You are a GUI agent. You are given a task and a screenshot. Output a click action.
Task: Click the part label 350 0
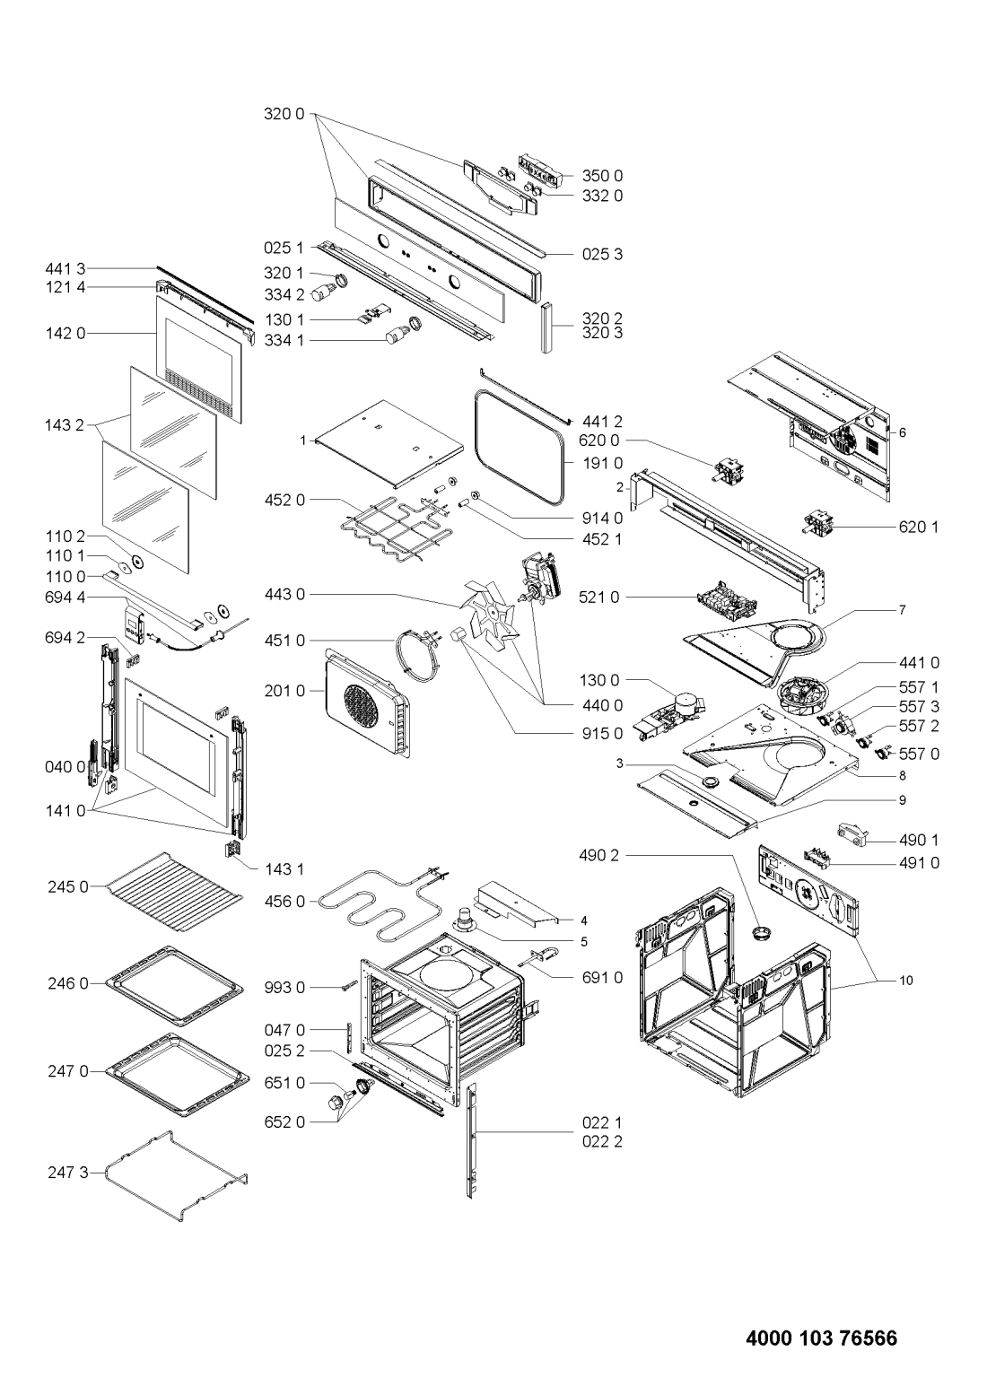click(602, 176)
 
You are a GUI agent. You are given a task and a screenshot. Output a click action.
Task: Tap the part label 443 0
click(284, 595)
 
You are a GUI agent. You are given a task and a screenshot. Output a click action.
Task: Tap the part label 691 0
click(602, 978)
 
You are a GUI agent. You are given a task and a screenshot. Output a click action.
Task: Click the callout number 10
click(906, 981)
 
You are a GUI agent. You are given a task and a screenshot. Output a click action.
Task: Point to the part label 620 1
click(919, 527)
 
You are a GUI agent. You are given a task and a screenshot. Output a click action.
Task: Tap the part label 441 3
click(65, 269)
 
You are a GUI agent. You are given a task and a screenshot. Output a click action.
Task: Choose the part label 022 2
click(602, 1141)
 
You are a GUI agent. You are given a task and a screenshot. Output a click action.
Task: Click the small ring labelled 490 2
click(758, 932)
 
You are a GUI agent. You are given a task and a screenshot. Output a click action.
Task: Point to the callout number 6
click(902, 432)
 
